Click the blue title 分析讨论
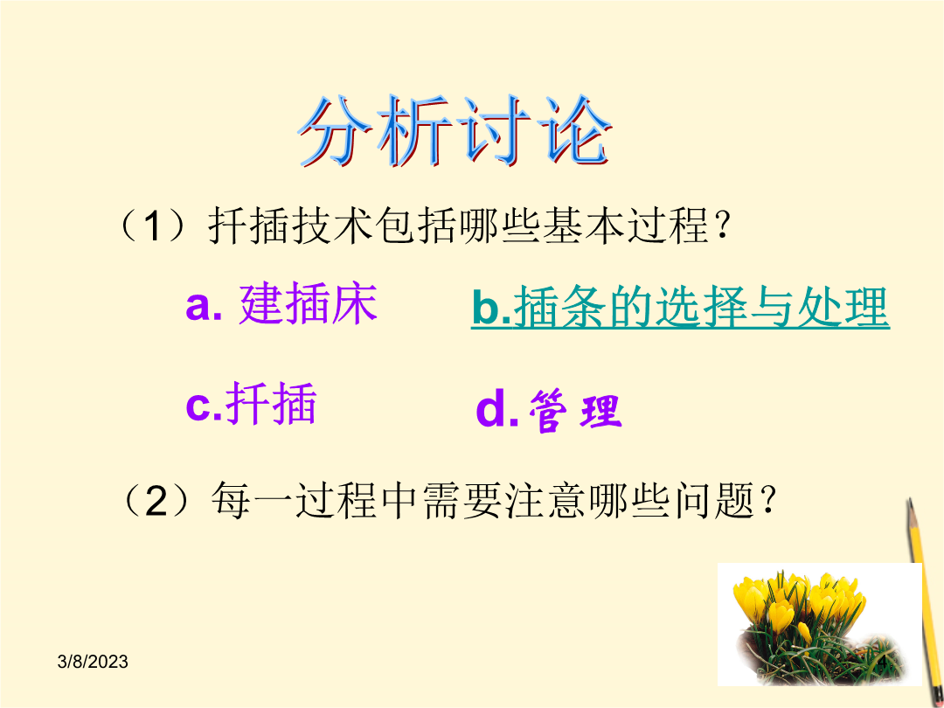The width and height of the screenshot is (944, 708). pyautogui.click(x=455, y=130)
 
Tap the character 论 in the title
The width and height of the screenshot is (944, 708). pyautogui.click(x=574, y=130)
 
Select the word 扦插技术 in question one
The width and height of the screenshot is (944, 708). pyautogui.click(x=291, y=226)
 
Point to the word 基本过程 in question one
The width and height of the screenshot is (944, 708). pyautogui.click(x=626, y=226)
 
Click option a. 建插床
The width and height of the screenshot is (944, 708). pyautogui.click(x=281, y=304)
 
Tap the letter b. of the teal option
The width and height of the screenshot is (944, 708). pyautogui.click(x=491, y=308)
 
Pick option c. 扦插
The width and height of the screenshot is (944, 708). pyautogui.click(x=251, y=403)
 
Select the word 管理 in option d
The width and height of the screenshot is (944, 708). pyautogui.click(x=575, y=411)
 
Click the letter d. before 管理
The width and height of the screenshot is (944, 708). pyautogui.click(x=497, y=410)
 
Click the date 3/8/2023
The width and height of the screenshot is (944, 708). pyautogui.click(x=93, y=662)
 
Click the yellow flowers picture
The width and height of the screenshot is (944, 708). pyautogui.click(x=819, y=624)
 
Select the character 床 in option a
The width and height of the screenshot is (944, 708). pyautogui.click(x=355, y=304)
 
